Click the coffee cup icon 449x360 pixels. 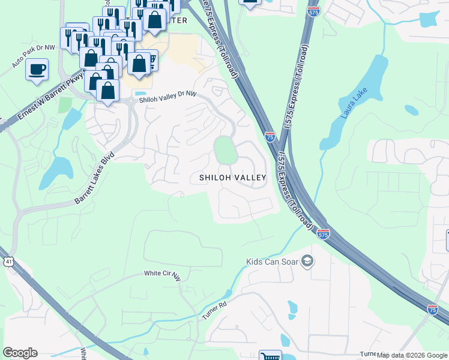[x=37, y=68]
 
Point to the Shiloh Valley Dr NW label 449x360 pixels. [x=167, y=97]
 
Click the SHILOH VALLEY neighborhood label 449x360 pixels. [x=232, y=178]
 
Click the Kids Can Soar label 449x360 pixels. [x=273, y=262]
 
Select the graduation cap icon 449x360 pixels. [x=307, y=261]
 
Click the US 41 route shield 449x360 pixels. [x=7, y=262]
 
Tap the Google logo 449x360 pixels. [x=20, y=353]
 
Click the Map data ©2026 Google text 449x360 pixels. [x=412, y=355]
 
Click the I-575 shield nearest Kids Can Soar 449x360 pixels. [x=322, y=235]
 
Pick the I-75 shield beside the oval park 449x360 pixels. [x=270, y=137]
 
